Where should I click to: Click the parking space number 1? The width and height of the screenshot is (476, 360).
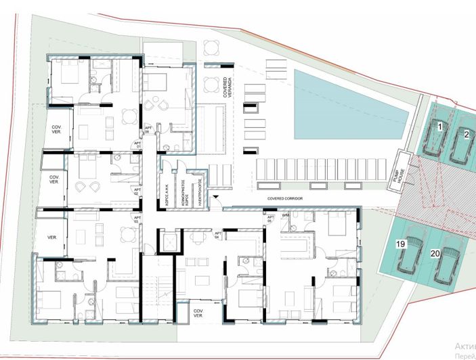(439, 127)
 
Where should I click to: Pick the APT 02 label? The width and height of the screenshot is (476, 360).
(136, 192)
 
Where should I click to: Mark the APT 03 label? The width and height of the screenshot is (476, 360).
(136, 219)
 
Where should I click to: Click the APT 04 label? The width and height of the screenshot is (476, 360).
(218, 235)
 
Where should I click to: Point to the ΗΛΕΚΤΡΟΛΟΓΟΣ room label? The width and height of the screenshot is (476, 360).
(200, 183)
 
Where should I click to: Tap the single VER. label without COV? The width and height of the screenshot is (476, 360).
(51, 238)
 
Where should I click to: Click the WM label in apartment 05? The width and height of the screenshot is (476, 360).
(286, 216)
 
